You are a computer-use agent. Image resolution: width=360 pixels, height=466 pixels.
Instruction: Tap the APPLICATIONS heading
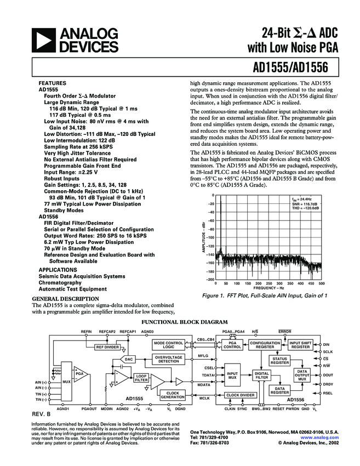coord(58,270)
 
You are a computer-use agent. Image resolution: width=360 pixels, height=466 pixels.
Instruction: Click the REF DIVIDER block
coord(107,347)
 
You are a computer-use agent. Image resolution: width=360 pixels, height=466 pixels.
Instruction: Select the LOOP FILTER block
coord(141,377)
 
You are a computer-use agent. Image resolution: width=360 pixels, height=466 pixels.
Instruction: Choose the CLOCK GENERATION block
coord(173,395)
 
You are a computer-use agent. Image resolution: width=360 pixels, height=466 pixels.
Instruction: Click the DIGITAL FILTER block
coord(262,376)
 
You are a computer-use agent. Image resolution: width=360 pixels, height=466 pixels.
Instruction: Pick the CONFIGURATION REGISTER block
coord(265,345)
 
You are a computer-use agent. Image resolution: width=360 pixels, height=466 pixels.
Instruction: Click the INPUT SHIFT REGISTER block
coord(300,345)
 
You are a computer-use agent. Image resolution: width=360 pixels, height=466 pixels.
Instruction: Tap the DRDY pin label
coord(328,384)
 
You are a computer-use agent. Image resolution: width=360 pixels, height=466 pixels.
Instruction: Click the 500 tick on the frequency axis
coord(321,283)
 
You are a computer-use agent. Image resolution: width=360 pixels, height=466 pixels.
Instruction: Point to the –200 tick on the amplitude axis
coord(210,280)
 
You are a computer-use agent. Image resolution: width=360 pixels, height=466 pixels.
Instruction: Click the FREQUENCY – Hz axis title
coord(269,288)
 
